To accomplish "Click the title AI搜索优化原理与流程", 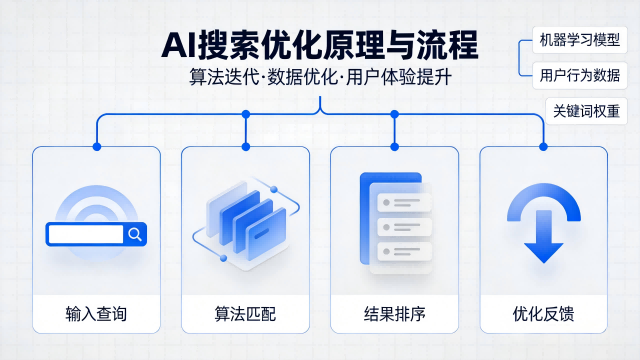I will tap(319, 45).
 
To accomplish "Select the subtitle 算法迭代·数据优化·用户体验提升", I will tap(319, 77).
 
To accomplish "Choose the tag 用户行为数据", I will tap(578, 75).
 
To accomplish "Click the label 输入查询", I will tap(96, 315).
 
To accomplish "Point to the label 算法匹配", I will tap(245, 315).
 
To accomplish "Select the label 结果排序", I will tap(394, 315).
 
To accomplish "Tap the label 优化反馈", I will tap(543, 315).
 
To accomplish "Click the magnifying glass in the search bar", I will tap(135, 235).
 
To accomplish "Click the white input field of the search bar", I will tap(84, 235).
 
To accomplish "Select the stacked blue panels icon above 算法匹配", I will tap(245, 222).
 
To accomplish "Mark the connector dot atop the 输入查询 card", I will tap(97, 146).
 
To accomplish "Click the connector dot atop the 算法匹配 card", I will tap(246, 146).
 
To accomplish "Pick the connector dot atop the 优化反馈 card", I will tap(543, 146).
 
